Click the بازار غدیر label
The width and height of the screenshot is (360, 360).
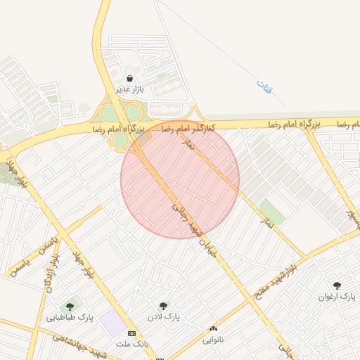tap(130, 89)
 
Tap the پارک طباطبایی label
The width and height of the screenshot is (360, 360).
tap(70, 317)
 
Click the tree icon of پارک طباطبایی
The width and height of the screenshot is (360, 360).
tap(70, 306)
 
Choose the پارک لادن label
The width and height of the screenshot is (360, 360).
tap(164, 317)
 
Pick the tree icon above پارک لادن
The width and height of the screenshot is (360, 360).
tap(164, 306)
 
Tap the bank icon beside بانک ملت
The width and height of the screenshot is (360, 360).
tap(131, 333)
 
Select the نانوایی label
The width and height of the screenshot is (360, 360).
tap(214, 340)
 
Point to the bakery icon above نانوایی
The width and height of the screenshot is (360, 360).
tap(214, 328)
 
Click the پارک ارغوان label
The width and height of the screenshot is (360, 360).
tap(338, 297)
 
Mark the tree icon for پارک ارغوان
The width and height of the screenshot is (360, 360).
tap(338, 285)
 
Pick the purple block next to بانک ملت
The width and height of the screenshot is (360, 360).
tap(111, 324)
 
